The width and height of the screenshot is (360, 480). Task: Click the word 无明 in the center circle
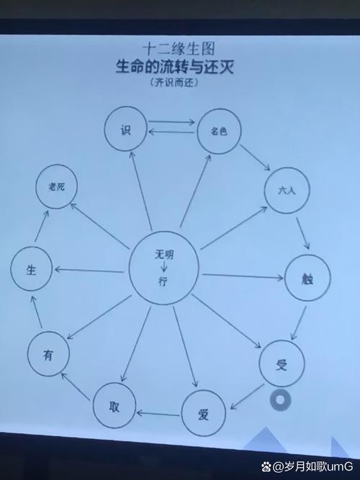point(163,254)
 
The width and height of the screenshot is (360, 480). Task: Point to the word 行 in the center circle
point(163,281)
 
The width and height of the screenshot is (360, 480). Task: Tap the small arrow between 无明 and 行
point(164,267)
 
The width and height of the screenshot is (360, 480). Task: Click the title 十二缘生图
point(179,49)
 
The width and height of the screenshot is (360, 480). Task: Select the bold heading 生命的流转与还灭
point(175,66)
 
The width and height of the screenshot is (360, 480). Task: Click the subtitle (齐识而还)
point(174,83)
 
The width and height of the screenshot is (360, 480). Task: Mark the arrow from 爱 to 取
point(158,415)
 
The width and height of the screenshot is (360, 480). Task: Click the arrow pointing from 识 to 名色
point(172,122)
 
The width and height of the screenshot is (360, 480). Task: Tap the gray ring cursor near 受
point(280,400)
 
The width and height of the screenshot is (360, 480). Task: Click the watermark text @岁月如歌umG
point(307,466)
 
